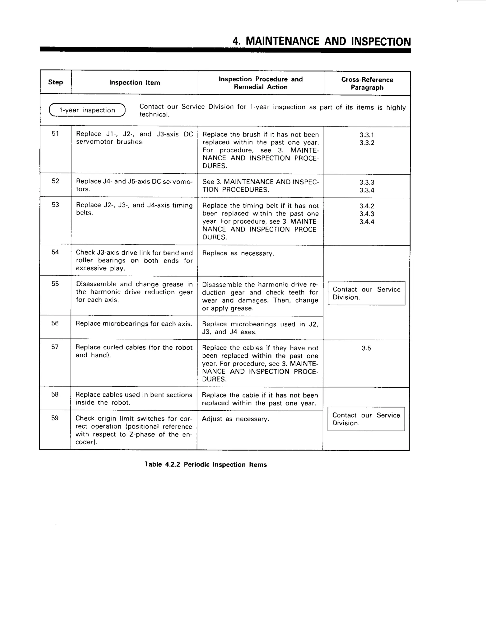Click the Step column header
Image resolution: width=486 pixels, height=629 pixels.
pyautogui.click(x=56, y=82)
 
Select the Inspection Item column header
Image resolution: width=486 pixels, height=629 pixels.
pyautogui.click(x=135, y=83)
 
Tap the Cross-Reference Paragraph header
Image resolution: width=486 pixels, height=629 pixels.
pyautogui.click(x=367, y=84)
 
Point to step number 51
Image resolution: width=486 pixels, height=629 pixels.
pyautogui.click(x=55, y=133)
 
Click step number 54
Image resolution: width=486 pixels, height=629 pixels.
pyautogui.click(x=55, y=252)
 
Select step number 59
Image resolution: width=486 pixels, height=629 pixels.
pyautogui.click(x=55, y=418)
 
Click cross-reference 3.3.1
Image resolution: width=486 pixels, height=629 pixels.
pyautogui.click(x=366, y=135)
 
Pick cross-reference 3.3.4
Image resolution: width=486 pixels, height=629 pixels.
pyautogui.click(x=366, y=190)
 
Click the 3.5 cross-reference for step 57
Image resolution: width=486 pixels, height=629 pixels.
pyautogui.click(x=366, y=348)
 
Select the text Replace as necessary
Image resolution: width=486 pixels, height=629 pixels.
pyautogui.click(x=238, y=253)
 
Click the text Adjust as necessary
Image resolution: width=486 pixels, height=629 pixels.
pyautogui.click(x=235, y=419)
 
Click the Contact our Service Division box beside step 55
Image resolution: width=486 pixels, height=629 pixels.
pyautogui.click(x=366, y=293)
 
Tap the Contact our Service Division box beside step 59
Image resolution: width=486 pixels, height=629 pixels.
pyautogui.click(x=366, y=419)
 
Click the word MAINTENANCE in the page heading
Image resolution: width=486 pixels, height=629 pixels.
pyautogui.click(x=282, y=41)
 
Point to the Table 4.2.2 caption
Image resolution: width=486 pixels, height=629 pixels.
pyautogui.click(x=206, y=465)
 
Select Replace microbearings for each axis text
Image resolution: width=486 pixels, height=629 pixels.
pyautogui.click(x=134, y=324)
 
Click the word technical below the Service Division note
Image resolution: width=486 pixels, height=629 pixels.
pyautogui.click(x=154, y=115)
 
